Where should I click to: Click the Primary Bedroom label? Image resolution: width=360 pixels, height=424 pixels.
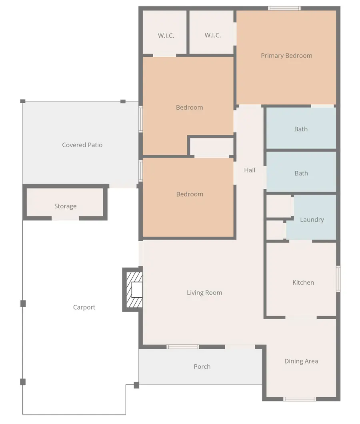(x=286, y=56)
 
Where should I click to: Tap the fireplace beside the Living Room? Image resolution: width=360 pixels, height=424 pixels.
(x=133, y=290)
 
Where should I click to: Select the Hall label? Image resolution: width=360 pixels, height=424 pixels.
(x=249, y=170)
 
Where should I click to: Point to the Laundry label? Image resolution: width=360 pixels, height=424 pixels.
(x=312, y=220)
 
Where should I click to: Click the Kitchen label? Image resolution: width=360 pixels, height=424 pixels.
(x=303, y=282)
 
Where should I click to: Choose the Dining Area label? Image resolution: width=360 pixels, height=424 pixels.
(x=301, y=361)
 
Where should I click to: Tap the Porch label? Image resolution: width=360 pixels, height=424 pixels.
(x=202, y=367)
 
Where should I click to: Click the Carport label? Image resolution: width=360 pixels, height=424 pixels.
(x=84, y=308)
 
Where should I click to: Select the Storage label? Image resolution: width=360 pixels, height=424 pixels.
(x=66, y=206)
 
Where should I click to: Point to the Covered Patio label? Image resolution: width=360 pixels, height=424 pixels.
(x=82, y=145)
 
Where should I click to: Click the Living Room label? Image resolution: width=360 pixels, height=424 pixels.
(x=204, y=292)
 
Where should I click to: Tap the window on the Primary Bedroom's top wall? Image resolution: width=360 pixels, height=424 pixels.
(x=284, y=8)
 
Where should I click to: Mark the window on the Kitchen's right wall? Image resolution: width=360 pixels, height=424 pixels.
(x=338, y=279)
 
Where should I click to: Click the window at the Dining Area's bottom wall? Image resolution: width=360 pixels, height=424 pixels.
(x=300, y=399)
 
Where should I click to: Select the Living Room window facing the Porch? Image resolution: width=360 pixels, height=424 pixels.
(x=183, y=347)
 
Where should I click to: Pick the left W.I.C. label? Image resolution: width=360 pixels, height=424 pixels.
(x=166, y=36)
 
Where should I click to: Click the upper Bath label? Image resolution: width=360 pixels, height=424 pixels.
(x=301, y=129)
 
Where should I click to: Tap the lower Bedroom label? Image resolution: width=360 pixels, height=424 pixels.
(x=190, y=194)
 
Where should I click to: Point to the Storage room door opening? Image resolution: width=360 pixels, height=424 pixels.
(x=65, y=218)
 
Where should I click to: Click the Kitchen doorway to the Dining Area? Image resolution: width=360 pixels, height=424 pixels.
(x=301, y=317)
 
